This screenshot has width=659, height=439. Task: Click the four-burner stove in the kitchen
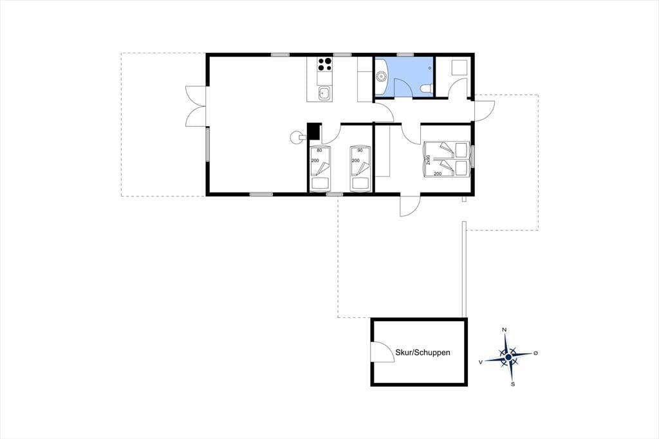click(x=325, y=64)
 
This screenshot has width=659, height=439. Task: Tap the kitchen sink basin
click(x=324, y=93)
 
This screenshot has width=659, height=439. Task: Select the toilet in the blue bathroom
click(x=427, y=88)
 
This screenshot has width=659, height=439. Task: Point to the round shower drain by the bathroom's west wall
click(x=381, y=77)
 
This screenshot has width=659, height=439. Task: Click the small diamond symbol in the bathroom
click(x=429, y=68)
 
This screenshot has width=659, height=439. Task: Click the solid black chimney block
click(x=313, y=131)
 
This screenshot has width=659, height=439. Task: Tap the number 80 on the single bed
click(x=319, y=150)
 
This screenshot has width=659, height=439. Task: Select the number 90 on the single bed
click(x=360, y=150)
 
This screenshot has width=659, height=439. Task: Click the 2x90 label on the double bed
click(x=428, y=160)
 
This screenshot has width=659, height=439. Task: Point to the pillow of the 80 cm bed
click(x=320, y=183)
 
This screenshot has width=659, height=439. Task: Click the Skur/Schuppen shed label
click(x=422, y=352)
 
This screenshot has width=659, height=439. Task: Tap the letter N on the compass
click(x=505, y=330)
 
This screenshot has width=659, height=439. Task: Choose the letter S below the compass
click(x=513, y=384)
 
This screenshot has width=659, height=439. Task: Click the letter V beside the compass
click(x=480, y=362)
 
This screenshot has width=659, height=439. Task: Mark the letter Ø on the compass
click(x=535, y=353)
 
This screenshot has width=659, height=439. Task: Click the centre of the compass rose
click(x=508, y=357)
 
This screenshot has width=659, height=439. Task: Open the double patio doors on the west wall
click(x=196, y=106)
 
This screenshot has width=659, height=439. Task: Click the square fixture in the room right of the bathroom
click(x=459, y=68)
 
